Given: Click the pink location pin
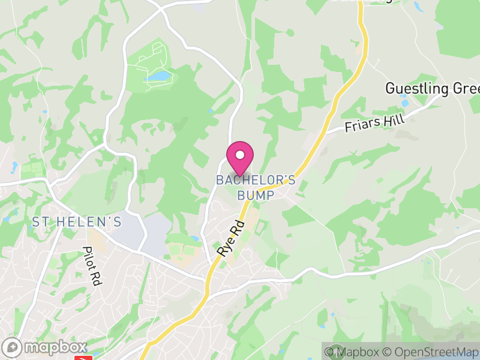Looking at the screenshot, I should coord(240,157).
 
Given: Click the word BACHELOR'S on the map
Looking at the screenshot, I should coord(256,179).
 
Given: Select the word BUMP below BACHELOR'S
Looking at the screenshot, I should coord(256,195).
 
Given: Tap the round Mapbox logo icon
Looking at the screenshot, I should coord(12,347).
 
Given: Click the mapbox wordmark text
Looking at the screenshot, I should coord(54,347).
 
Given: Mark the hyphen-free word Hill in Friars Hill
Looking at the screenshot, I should coord(394,119).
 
